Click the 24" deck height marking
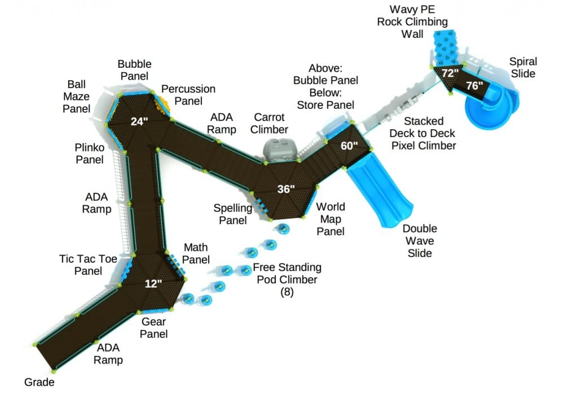139,121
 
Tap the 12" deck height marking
153,283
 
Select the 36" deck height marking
286,189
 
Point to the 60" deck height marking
350,145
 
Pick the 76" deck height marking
474,86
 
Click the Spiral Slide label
523,68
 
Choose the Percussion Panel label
188,95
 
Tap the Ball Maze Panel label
76,96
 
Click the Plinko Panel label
89,153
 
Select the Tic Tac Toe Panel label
88,265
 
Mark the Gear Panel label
154,327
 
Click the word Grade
39,382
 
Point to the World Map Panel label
330,218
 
